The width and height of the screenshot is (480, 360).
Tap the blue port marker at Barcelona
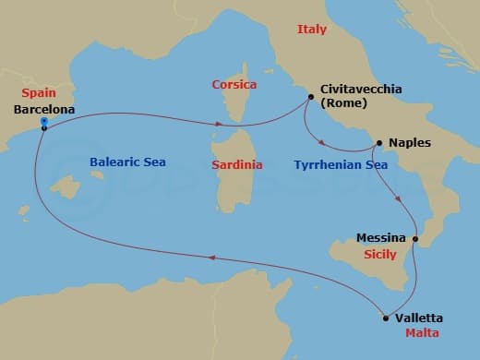(x=43, y=127)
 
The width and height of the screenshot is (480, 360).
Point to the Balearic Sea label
(x=127, y=162)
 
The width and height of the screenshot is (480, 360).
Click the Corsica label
(x=234, y=83)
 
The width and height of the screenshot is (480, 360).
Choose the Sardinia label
(x=238, y=164)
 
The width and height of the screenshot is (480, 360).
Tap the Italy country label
(x=312, y=30)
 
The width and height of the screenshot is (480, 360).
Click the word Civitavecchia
(x=362, y=90)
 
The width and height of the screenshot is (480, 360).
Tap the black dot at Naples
(x=378, y=143)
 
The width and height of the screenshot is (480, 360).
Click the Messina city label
(x=380, y=238)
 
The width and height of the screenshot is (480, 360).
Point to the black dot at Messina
(x=415, y=240)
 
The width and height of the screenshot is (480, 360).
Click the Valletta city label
(x=418, y=317)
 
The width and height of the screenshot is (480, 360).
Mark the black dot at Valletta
(x=385, y=318)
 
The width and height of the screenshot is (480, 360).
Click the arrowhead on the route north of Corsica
(x=218, y=123)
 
